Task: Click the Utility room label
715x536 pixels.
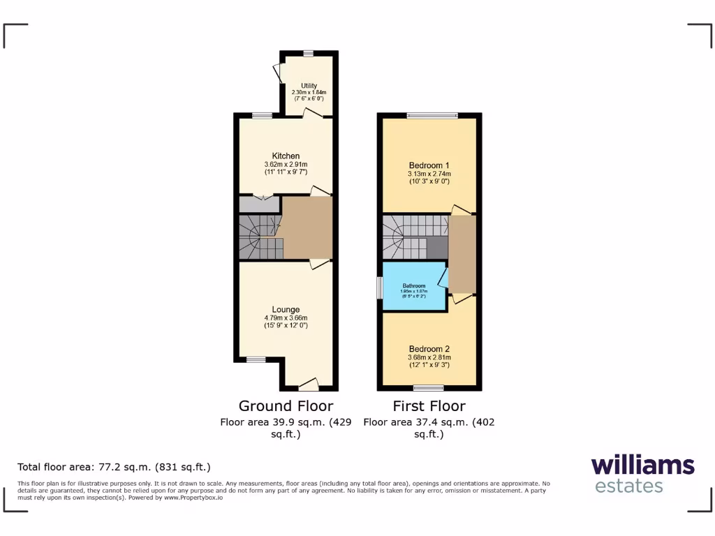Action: pos(309,86)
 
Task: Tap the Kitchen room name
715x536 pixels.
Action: pos(286,156)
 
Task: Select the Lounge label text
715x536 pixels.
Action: pos(286,309)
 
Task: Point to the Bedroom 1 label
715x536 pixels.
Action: pos(429,165)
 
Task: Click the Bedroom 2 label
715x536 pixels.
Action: pos(429,349)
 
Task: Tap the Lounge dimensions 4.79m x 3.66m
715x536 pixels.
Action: pos(286,318)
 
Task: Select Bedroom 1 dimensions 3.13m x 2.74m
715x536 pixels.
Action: pos(429,174)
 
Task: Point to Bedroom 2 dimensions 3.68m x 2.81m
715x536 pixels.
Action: pos(429,358)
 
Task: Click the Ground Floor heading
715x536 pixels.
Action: pos(286,405)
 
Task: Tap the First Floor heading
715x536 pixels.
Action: pos(429,405)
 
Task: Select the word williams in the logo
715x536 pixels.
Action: pos(642,466)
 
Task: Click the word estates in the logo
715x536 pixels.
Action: pos(628,486)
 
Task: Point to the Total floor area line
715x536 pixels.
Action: pos(114,467)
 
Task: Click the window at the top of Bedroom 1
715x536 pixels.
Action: pos(433,115)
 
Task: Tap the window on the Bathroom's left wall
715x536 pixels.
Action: pos(381,288)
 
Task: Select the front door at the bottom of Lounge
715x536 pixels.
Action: pos(309,385)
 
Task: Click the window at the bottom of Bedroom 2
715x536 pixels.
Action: pos(428,387)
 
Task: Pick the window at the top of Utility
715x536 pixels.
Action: pos(308,52)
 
